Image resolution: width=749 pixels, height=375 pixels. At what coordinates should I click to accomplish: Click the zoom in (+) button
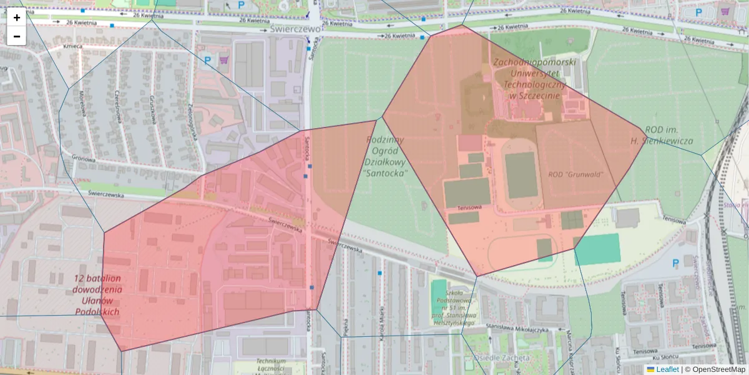click(x=17, y=17)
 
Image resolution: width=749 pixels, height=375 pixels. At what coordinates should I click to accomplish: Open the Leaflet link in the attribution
click(x=667, y=369)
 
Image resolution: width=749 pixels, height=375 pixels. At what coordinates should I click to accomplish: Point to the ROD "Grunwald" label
click(x=575, y=174)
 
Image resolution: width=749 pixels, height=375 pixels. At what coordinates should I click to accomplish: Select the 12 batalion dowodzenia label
click(x=97, y=294)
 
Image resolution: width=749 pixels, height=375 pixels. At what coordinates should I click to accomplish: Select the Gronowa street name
click(x=83, y=159)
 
